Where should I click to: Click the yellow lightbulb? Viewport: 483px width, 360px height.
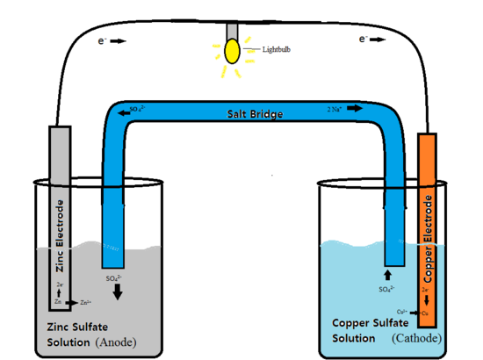[233, 50]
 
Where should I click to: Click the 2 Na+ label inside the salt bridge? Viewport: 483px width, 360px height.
[335, 110]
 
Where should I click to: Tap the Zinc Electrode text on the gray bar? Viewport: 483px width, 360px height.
[60, 231]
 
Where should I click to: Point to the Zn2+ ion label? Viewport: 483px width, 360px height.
[85, 302]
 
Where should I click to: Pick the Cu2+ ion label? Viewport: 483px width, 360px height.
[401, 311]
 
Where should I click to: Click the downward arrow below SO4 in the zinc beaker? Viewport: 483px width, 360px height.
[118, 292]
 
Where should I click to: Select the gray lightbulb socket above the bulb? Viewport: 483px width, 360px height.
[233, 29]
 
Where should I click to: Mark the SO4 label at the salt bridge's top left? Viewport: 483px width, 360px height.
[137, 110]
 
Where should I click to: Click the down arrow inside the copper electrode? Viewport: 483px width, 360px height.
[427, 300]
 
